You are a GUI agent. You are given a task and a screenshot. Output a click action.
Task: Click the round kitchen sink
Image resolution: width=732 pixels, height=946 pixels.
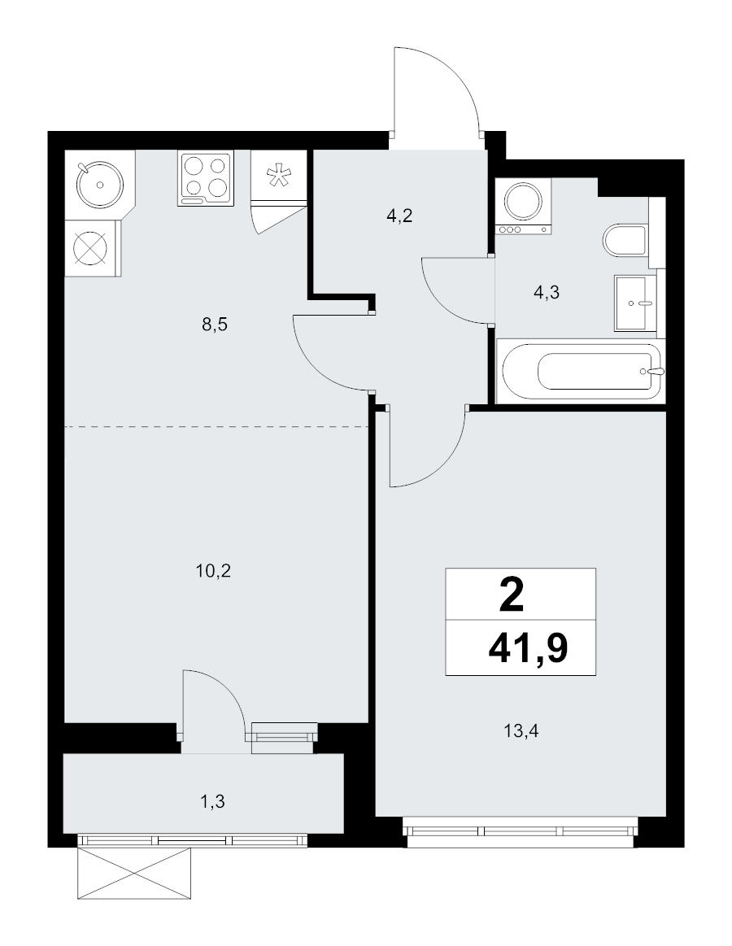coord(100,184)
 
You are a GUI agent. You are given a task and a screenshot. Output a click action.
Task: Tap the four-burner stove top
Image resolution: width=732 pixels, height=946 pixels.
coord(205,179)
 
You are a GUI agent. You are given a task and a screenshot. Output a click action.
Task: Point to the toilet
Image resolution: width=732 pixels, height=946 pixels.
coord(625,241)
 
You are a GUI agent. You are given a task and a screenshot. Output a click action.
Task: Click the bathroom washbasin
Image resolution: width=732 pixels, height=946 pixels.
coord(635,303)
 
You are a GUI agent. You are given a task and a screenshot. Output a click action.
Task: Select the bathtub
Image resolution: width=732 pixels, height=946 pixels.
coord(580,371)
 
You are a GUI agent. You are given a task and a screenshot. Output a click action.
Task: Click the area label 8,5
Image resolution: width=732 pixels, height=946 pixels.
coord(215,325)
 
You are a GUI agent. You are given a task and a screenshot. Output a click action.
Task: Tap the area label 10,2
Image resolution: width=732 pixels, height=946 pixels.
coord(214,571)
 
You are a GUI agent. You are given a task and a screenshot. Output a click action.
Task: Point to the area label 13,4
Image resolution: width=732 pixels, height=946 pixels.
coord(521,731)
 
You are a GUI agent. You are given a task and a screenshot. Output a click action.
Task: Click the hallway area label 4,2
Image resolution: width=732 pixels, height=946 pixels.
coord(399,216)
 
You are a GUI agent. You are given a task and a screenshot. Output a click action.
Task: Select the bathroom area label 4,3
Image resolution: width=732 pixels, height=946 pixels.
coord(547,293)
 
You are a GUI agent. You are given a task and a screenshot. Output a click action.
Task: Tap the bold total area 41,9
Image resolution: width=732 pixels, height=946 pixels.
coord(528,649)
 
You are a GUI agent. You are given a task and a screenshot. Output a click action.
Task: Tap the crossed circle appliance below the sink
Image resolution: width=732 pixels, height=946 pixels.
coord(90,248)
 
